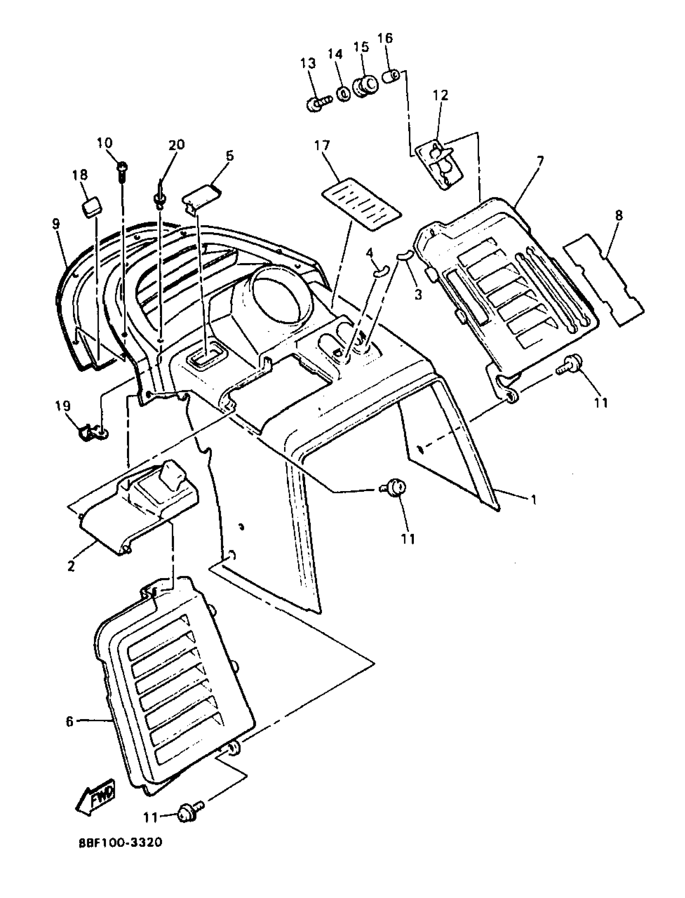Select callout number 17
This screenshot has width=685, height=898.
click(x=322, y=145)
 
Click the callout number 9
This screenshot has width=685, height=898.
click(x=56, y=223)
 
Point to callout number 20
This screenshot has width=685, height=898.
click(x=176, y=145)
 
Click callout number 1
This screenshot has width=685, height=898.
click(x=534, y=499)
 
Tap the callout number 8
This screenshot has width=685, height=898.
click(x=619, y=215)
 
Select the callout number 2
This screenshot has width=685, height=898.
click(x=71, y=566)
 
